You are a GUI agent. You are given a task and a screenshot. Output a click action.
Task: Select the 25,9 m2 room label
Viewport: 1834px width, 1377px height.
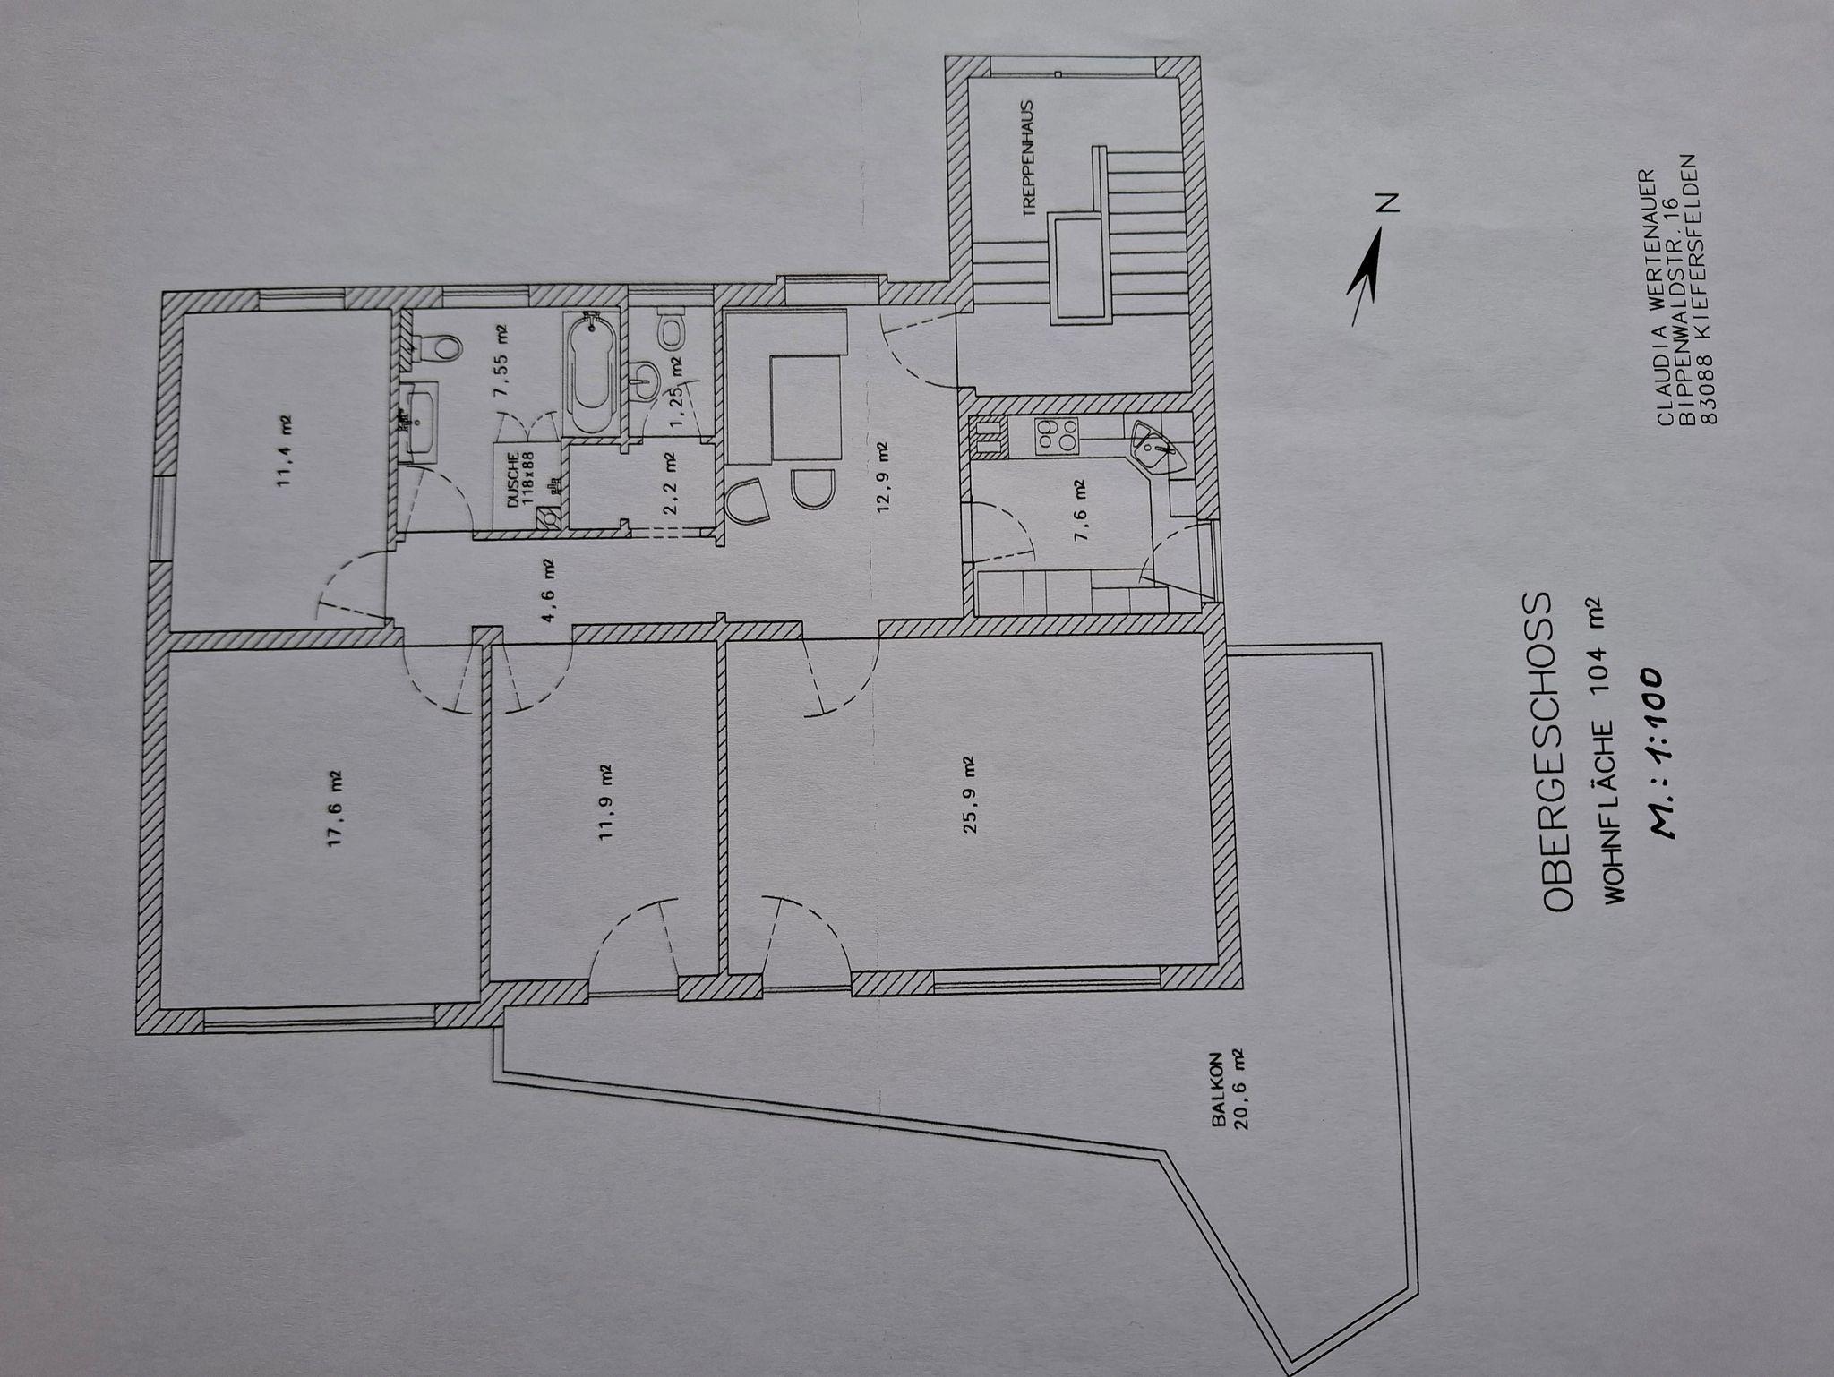pos(970,795)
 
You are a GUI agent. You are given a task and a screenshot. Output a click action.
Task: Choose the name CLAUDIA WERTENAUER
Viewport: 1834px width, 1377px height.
pos(1663,298)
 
